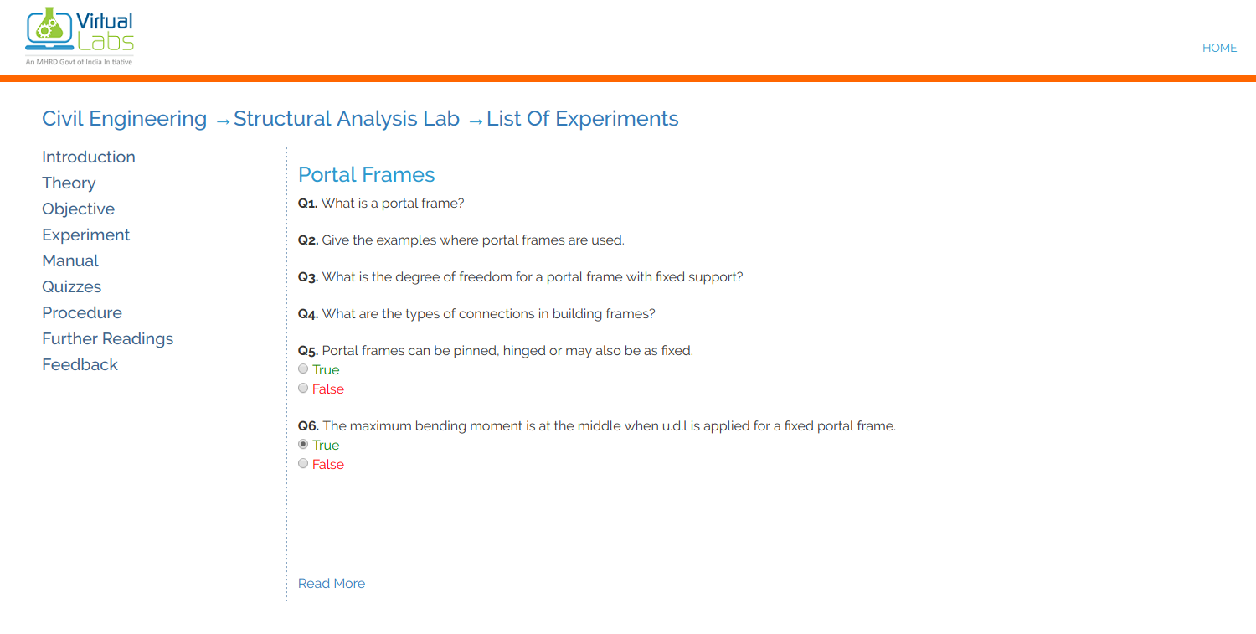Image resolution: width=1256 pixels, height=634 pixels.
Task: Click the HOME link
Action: (1219, 48)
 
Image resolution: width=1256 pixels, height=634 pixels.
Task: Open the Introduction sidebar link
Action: (89, 157)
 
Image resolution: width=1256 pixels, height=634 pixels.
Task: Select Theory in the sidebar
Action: (69, 183)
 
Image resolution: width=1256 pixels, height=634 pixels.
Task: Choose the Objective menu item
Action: (78, 209)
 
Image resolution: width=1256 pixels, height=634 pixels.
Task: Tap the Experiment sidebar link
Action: (85, 235)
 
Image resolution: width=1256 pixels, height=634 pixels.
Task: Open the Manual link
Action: (70, 260)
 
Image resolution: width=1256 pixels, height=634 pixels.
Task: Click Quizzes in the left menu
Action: (71, 286)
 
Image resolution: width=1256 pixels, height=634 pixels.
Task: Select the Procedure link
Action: (82, 312)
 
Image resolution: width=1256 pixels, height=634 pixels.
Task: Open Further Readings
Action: (107, 338)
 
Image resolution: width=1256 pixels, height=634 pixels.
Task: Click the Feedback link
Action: (80, 364)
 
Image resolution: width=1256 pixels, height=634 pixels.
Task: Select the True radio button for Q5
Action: (303, 369)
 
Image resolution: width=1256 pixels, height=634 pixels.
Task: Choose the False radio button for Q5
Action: (303, 389)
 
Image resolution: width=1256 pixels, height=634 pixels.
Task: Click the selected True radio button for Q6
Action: (303, 445)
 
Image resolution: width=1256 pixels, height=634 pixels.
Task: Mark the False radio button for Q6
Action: (303, 464)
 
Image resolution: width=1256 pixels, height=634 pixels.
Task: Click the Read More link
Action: (332, 584)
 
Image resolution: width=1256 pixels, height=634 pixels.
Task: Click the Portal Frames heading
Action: (366, 174)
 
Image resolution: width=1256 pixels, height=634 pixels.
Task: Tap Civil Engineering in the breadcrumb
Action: (124, 119)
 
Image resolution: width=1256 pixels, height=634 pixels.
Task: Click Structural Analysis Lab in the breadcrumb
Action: (347, 119)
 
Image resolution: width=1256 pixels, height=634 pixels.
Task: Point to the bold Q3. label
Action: (308, 277)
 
